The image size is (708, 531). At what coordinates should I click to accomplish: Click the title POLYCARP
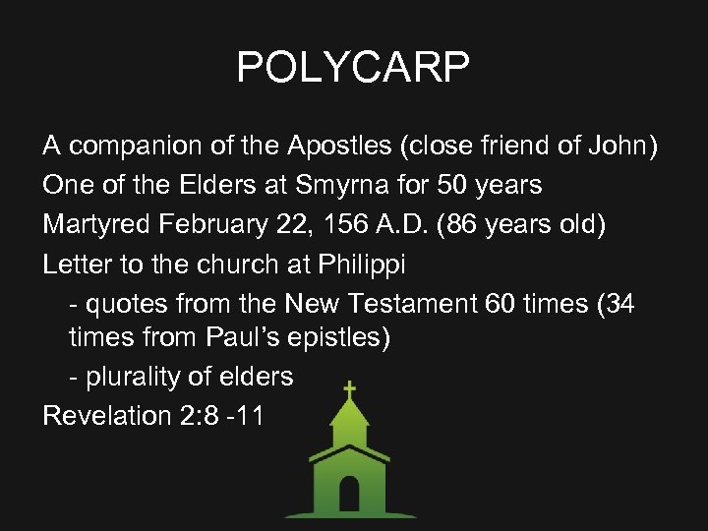point(353,68)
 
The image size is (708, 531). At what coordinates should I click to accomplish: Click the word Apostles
point(339,147)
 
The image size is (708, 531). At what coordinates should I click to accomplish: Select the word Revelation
point(107,415)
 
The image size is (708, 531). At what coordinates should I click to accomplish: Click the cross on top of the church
point(349,389)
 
